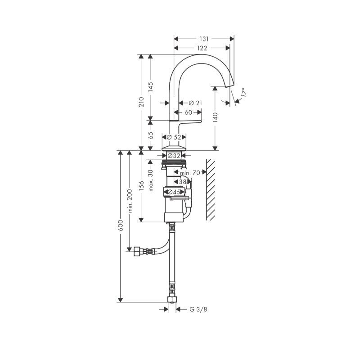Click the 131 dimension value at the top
(204, 39)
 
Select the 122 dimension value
(202, 48)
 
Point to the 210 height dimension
(141, 102)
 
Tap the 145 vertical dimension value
(150, 87)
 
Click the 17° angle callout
(244, 92)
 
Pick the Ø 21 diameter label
(195, 103)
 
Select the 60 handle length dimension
(188, 112)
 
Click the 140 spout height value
(215, 117)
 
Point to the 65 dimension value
(150, 135)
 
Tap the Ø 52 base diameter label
(174, 137)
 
